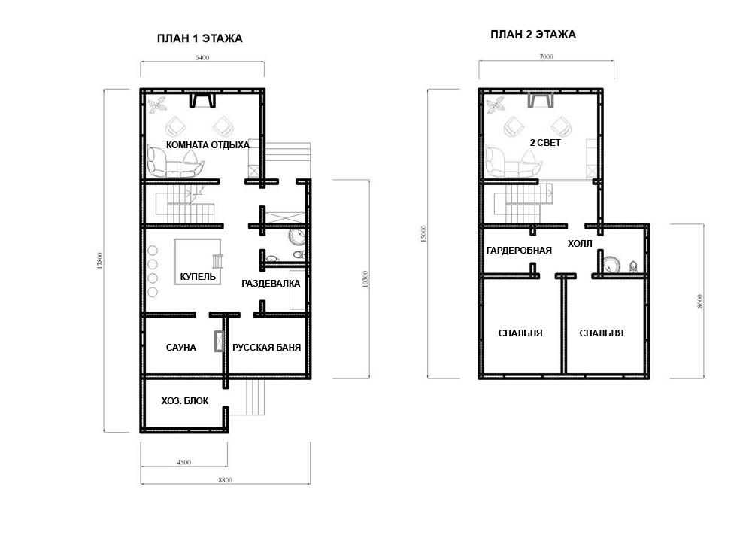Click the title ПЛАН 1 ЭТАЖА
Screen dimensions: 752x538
[x=199, y=38]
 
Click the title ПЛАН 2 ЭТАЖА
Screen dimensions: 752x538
[x=533, y=35]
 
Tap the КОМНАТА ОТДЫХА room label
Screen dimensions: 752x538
[x=208, y=145]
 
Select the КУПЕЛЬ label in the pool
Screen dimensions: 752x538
[x=198, y=276]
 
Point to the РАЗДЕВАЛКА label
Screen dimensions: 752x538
[x=271, y=284]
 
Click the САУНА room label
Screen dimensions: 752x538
[x=180, y=348]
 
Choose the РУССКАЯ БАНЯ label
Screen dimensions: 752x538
[x=267, y=348]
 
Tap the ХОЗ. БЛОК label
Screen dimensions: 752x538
[x=185, y=401]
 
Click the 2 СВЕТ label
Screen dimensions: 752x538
[x=545, y=142]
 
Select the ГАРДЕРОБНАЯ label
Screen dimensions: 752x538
[x=519, y=251]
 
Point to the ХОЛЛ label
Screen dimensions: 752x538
[x=580, y=243]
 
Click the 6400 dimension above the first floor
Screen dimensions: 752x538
[x=202, y=58]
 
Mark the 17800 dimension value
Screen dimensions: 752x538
[x=100, y=260]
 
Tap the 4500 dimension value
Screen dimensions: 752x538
[x=183, y=463]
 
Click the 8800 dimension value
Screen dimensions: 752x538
[x=225, y=480]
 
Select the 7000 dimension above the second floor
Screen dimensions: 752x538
[x=546, y=56]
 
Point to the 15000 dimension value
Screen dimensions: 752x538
[x=423, y=234]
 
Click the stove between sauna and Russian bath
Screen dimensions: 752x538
[x=219, y=341]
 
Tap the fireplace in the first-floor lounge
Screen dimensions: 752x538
[x=202, y=100]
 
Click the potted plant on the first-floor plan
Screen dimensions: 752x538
[x=157, y=105]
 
